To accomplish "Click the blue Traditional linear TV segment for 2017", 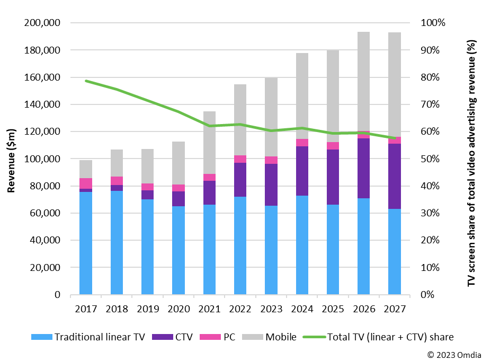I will point(86,243).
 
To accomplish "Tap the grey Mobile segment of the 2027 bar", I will point(394,84).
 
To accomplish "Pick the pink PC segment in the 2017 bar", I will point(86,183).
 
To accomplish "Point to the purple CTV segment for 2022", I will point(240,180).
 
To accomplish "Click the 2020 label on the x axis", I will point(178,307).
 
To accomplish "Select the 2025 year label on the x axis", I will point(333,307).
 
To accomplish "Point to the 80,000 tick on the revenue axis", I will point(46,186).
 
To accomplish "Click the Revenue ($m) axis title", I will point(11,159).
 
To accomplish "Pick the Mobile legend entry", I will point(273,337).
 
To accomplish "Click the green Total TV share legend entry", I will point(378,337).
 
